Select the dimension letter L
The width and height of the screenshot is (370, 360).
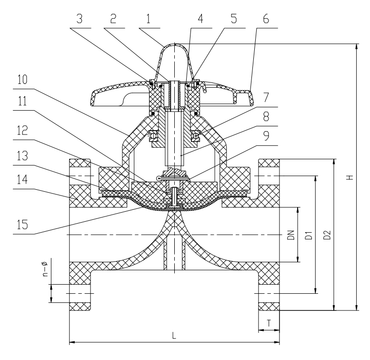point(174,336)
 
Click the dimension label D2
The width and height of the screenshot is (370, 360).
point(328,235)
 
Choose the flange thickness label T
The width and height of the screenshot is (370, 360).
point(270,323)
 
